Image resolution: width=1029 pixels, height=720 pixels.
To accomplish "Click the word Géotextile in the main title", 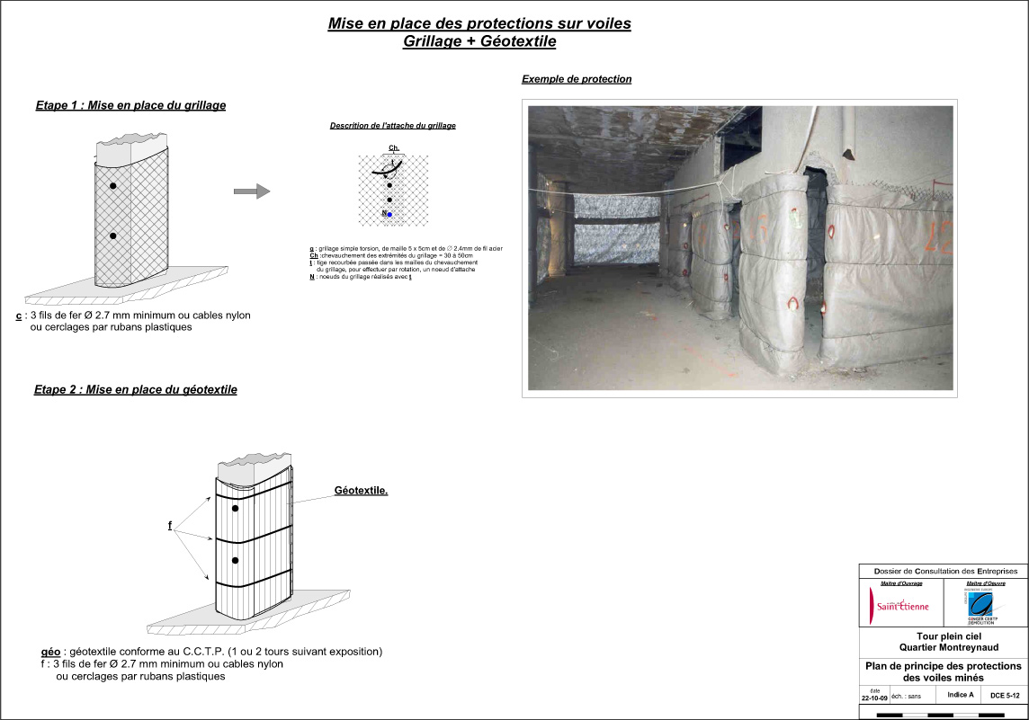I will coord(518,41).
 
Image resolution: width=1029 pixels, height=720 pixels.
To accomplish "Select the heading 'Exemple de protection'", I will coord(577,79).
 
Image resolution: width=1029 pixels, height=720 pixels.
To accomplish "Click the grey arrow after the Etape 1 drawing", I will coord(252,191).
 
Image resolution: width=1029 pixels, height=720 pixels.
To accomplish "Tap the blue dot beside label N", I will coord(389,215).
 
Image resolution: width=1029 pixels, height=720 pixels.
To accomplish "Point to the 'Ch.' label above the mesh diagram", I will coord(393,147).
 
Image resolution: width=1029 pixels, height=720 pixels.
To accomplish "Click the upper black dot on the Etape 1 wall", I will coord(113,185).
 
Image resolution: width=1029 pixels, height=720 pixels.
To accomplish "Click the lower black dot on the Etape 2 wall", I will coord(235,560).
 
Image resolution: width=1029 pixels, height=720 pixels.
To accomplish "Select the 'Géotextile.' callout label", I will coord(361,491).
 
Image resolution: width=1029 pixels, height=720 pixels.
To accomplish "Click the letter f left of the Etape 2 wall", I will coord(170,525).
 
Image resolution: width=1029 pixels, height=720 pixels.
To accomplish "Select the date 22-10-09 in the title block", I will coord(874,697).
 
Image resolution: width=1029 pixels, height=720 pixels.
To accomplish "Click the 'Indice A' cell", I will coord(961,695).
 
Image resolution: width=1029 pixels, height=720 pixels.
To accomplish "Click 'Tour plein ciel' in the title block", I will coord(944,636).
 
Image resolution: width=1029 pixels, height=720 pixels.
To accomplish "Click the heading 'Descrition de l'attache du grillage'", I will coord(392,126).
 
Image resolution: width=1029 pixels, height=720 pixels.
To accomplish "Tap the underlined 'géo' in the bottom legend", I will coord(50,651).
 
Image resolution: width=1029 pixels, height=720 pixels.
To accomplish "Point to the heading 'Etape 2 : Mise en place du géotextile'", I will coord(136,390).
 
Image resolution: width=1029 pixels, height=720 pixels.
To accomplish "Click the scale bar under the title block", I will coord(942,715).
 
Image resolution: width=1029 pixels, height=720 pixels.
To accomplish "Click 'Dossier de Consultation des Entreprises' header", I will coord(944,571).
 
